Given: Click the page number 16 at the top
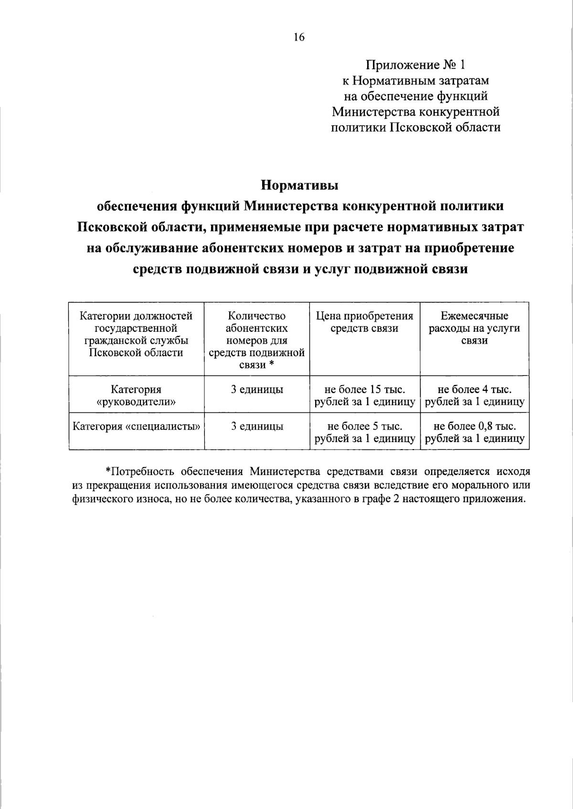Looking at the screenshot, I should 299,38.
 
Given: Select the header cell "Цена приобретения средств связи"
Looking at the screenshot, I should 364,322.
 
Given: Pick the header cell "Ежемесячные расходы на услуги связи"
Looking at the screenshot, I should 474,328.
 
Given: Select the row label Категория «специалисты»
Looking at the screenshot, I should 136,426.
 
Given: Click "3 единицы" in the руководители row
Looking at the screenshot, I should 257,389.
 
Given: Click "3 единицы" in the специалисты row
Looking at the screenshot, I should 257,426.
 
